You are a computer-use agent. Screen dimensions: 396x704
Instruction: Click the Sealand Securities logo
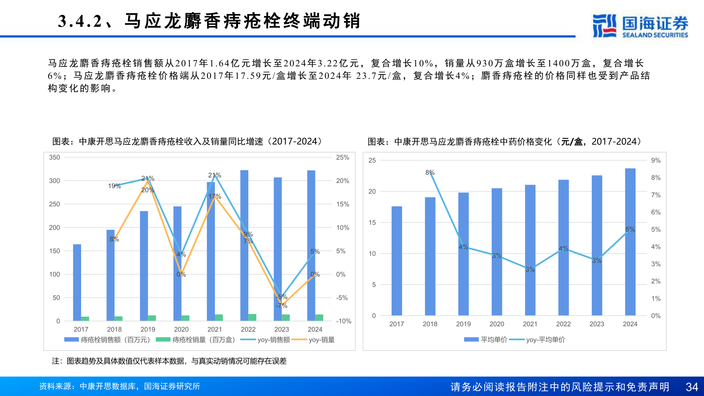click(640, 26)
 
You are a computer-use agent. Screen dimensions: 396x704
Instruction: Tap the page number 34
click(692, 387)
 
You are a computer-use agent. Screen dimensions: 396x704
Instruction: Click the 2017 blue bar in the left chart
click(77, 282)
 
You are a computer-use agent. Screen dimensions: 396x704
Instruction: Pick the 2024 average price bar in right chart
click(630, 242)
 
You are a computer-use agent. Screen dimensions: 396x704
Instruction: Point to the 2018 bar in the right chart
click(430, 256)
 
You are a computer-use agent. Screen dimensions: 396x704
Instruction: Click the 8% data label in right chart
click(430, 172)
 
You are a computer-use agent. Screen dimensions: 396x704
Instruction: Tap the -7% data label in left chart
click(282, 305)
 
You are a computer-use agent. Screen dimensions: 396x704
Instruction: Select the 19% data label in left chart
click(114, 186)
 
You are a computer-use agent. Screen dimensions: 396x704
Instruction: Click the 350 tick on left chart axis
click(54, 157)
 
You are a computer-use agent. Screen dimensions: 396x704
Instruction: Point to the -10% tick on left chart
click(344, 321)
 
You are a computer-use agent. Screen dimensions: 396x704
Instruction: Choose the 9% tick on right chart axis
click(656, 160)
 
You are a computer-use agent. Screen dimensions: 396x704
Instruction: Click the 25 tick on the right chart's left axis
click(372, 160)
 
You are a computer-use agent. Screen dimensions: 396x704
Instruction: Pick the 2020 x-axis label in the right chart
click(496, 324)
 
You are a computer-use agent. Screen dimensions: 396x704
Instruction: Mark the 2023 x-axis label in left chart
click(282, 329)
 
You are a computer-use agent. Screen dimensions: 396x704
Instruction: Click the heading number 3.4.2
click(80, 21)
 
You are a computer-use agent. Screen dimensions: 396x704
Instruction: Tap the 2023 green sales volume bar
click(286, 318)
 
